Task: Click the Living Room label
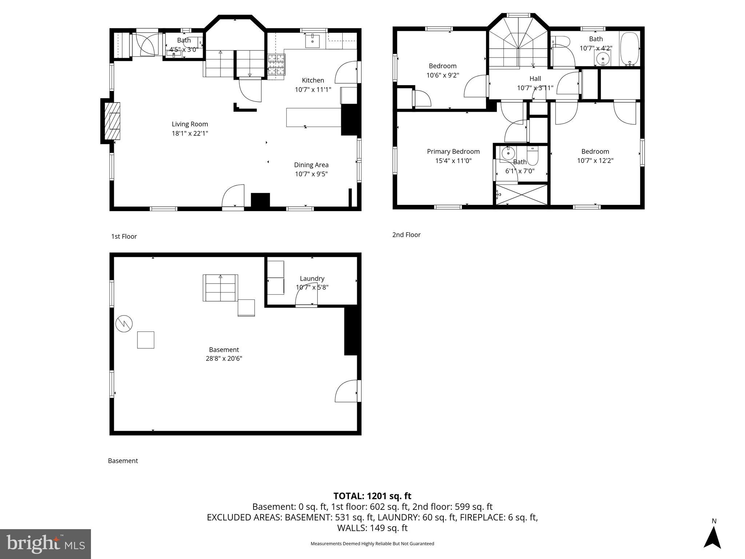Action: (x=190, y=124)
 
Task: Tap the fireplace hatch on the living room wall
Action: (x=112, y=121)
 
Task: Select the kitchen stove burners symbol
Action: (x=276, y=64)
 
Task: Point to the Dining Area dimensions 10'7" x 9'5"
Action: (x=311, y=174)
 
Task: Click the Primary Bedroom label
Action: (x=453, y=151)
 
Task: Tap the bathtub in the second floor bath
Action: (x=629, y=48)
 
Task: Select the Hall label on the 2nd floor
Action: (x=535, y=79)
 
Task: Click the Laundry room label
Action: (x=312, y=278)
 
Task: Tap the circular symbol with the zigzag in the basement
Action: (x=124, y=323)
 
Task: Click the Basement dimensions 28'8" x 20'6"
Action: (x=224, y=358)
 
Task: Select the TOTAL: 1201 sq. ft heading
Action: (x=372, y=496)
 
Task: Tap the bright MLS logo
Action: (x=45, y=544)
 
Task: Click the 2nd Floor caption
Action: (x=406, y=235)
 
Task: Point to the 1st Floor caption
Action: (x=124, y=237)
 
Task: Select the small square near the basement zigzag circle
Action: (x=146, y=340)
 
